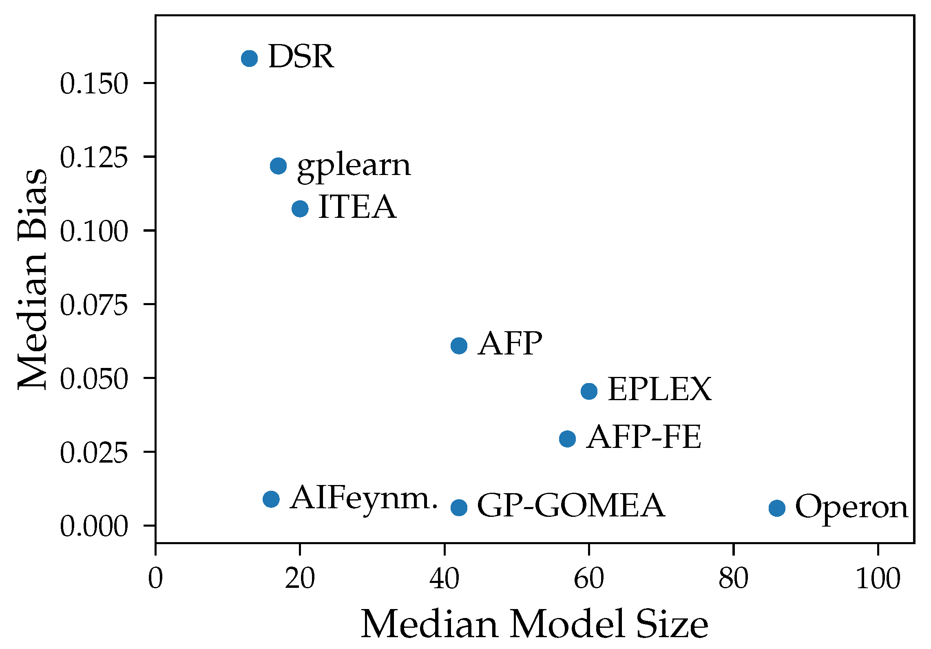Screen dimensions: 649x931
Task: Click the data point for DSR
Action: (249, 58)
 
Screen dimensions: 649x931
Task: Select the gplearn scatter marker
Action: (278, 166)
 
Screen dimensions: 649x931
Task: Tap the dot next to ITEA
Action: (300, 208)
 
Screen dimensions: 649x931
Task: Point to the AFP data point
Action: (459, 346)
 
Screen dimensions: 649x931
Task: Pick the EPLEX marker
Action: (589, 391)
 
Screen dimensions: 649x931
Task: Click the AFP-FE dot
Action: (567, 439)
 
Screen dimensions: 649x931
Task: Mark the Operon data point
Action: (777, 508)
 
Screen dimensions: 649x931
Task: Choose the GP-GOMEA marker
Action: (459, 507)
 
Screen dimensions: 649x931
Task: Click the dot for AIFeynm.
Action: (271, 498)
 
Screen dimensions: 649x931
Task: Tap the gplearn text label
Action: (354, 166)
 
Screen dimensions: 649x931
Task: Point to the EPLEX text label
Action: (659, 389)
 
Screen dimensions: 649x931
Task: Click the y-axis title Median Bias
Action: (33, 279)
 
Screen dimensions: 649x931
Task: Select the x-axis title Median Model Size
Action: (534, 624)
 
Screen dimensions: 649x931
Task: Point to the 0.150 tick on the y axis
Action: (94, 84)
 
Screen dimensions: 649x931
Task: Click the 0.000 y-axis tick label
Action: (94, 526)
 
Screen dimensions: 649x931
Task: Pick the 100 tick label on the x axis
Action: (878, 579)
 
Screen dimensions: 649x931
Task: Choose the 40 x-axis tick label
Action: (444, 579)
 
